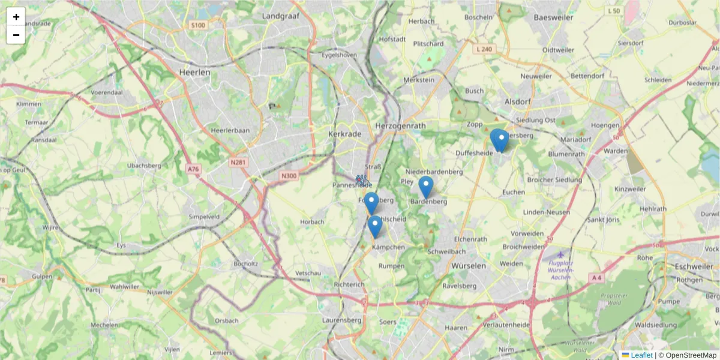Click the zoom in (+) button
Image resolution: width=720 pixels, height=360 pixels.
(x=16, y=17)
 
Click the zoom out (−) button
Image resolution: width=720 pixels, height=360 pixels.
(x=16, y=35)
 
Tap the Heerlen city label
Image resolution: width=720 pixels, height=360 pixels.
(x=195, y=72)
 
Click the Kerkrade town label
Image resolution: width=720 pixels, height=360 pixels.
(x=345, y=134)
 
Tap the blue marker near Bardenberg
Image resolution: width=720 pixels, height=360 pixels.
(x=426, y=187)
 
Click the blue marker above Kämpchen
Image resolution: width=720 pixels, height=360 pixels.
(x=375, y=226)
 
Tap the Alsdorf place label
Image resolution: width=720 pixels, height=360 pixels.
(x=518, y=101)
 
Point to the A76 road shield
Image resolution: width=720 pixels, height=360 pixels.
(x=193, y=169)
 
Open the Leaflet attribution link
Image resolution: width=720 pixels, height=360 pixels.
(x=641, y=355)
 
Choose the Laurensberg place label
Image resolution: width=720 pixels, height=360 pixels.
(x=341, y=320)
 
